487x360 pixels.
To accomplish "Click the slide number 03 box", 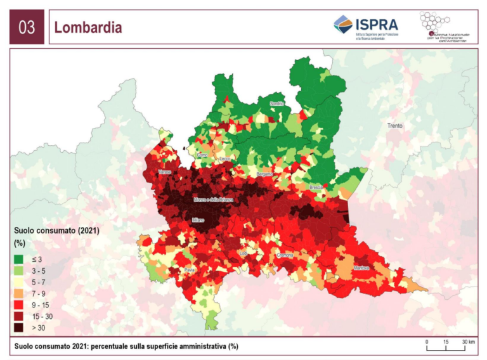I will tap(27, 27).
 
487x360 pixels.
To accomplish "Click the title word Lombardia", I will tap(88, 28).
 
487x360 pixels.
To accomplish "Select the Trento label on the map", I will tap(394, 126).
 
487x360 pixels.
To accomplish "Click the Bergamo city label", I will tap(264, 174).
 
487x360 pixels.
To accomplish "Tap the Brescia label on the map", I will tap(316, 188).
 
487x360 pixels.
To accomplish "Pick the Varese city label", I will tap(166, 172).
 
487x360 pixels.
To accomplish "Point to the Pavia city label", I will tap(189, 270).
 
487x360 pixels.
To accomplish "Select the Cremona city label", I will tap(284, 255).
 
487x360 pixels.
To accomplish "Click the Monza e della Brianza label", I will tap(213, 200).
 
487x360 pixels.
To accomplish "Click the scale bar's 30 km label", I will tap(469, 342).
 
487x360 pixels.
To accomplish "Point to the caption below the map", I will tap(127, 346).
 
